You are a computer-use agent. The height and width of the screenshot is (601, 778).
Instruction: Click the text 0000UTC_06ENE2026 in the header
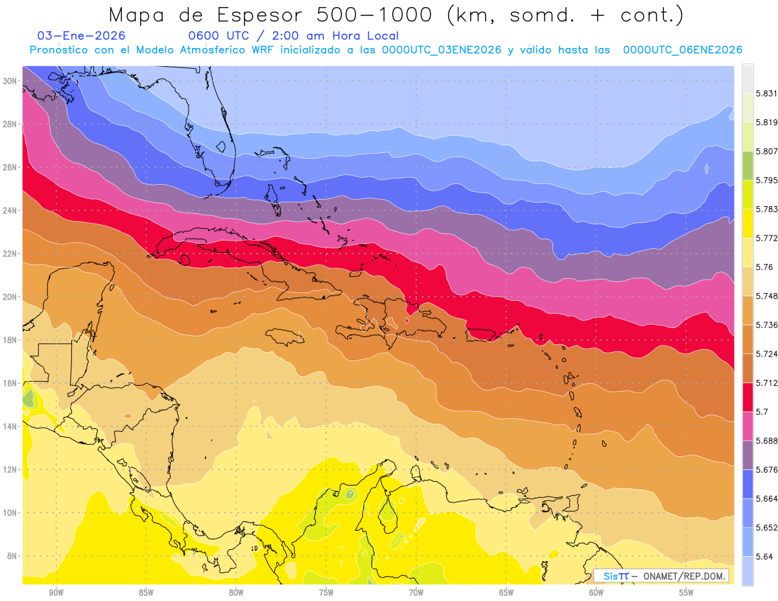coord(683,50)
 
